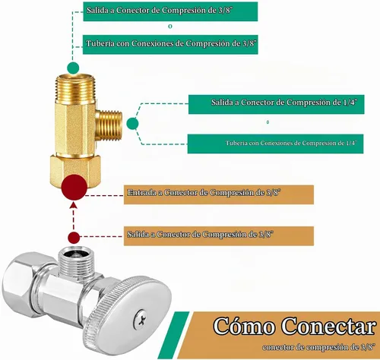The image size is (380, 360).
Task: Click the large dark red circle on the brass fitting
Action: (x=74, y=187)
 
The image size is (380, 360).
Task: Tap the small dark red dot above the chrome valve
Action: (x=74, y=238)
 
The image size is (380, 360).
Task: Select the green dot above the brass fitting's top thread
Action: (x=73, y=68)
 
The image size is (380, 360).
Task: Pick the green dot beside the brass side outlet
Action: (x=132, y=124)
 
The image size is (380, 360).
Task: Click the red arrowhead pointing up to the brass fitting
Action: (x=74, y=204)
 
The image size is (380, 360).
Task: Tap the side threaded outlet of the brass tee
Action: (x=110, y=125)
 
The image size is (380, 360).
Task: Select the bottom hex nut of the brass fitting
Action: (x=75, y=170)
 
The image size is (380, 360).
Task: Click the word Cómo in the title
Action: (x=244, y=327)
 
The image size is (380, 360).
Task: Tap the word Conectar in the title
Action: (x=329, y=327)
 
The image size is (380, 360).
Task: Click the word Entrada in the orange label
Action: (x=141, y=193)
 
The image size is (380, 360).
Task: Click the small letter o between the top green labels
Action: (x=170, y=27)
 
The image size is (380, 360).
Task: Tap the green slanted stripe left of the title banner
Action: (x=174, y=335)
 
